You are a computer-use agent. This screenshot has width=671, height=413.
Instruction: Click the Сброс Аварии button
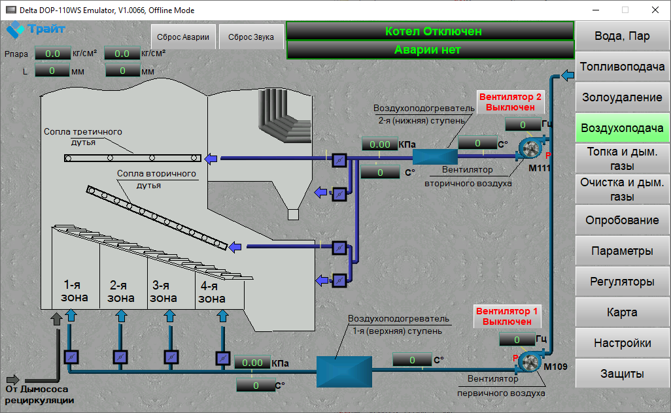tap(183, 37)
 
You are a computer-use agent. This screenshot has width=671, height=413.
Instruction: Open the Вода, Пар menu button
tap(622, 36)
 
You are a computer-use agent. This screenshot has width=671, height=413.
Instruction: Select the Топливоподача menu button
tap(622, 67)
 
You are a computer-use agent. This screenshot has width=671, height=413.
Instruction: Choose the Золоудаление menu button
tap(622, 97)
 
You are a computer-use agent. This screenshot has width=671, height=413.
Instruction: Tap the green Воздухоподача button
tap(622, 128)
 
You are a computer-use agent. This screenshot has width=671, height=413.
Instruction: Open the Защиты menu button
tap(622, 374)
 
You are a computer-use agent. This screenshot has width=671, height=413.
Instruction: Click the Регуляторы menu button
tap(622, 281)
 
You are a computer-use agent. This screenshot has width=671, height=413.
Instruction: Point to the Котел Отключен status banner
tap(430, 31)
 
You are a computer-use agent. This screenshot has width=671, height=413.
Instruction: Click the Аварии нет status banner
tap(430, 50)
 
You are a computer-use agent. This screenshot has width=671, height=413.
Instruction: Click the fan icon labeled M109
tap(530, 361)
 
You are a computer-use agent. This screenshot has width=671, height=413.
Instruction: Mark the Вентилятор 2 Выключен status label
tap(510, 102)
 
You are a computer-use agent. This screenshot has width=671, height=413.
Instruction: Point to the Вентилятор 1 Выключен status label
tap(507, 316)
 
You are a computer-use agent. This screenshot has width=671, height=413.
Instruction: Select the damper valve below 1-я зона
tap(71, 357)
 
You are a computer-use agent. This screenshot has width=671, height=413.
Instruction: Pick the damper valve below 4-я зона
tap(222, 358)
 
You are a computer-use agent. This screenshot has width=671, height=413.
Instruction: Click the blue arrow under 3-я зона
tap(170, 316)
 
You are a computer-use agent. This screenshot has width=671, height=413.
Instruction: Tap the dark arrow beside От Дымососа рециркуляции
tap(13, 380)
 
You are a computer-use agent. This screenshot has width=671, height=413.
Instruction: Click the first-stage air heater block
tap(344, 372)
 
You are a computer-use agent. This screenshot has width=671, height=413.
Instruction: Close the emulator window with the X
tap(655, 10)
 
